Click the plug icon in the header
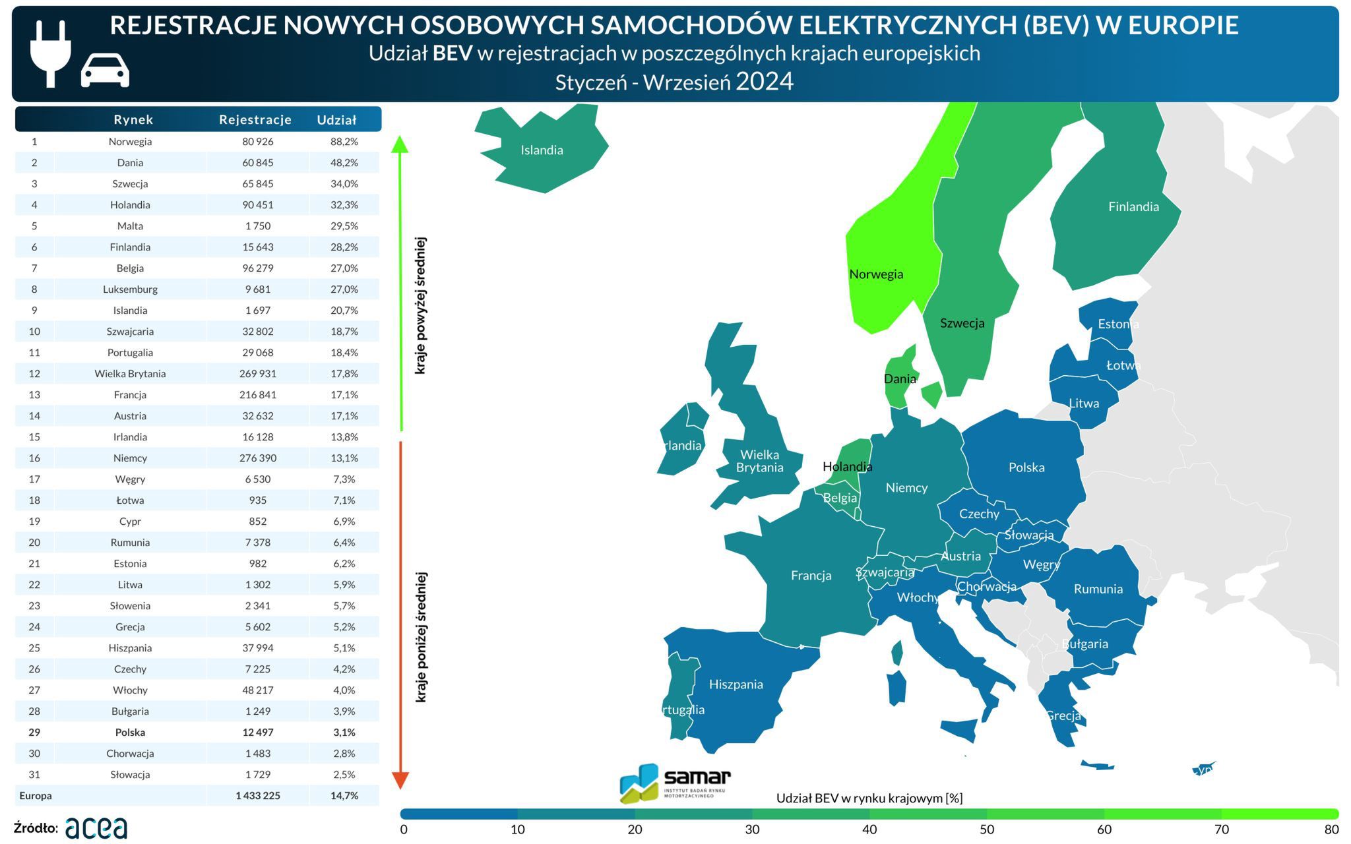(x=50, y=53)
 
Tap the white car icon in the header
(x=105, y=71)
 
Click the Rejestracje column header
(x=255, y=119)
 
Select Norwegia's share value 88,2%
(x=344, y=142)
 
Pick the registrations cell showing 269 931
(x=258, y=374)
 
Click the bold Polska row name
(x=130, y=733)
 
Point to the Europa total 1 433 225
(x=258, y=796)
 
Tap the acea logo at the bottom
(x=96, y=828)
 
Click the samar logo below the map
(x=675, y=783)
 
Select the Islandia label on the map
(x=542, y=150)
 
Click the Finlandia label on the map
(x=1133, y=207)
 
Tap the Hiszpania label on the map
(x=736, y=684)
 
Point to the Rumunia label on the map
(x=1098, y=589)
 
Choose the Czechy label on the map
(x=979, y=514)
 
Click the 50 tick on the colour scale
(x=987, y=829)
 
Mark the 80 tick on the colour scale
(x=1331, y=829)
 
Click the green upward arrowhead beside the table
(x=400, y=144)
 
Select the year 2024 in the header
(x=765, y=82)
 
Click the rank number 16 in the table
(x=34, y=458)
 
